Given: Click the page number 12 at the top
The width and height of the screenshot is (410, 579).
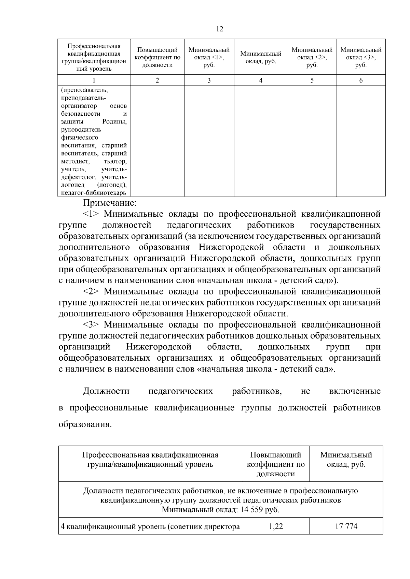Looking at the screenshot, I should (x=220, y=29).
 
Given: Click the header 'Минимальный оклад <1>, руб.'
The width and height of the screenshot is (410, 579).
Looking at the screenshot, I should (x=209, y=57).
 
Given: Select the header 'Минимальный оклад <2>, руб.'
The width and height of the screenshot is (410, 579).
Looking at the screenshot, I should (x=312, y=57).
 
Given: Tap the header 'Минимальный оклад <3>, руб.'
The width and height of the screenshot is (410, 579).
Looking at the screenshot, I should (x=361, y=57).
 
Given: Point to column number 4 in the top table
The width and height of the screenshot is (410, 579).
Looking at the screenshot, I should (x=261, y=81).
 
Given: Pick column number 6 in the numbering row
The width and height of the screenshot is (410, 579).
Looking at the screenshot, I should (x=361, y=81).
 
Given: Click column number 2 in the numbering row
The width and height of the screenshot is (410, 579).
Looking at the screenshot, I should (x=157, y=81).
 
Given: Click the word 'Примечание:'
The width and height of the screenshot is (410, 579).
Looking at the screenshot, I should (x=110, y=203).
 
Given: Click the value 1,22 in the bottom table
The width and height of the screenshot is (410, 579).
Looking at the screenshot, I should (x=275, y=526).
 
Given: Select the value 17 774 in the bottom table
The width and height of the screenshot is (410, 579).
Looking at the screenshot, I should (x=346, y=526).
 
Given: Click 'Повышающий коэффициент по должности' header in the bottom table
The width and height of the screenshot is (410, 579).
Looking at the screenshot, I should (x=275, y=464).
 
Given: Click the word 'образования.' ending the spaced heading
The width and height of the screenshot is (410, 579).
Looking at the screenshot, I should (x=85, y=425).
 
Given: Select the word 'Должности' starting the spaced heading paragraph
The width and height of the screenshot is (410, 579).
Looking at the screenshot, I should (x=106, y=391).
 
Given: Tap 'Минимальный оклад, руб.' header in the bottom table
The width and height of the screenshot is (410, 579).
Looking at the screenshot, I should (x=346, y=460).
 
